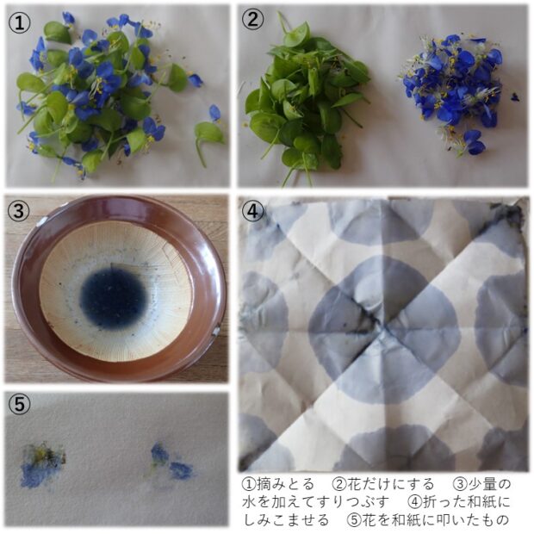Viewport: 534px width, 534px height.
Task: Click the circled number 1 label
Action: click(19, 22)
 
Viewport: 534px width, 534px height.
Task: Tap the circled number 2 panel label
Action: click(252, 20)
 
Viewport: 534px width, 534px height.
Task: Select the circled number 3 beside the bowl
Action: click(18, 211)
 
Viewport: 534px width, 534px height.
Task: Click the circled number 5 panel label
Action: click(19, 404)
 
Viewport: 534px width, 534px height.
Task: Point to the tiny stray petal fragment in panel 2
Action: click(515, 97)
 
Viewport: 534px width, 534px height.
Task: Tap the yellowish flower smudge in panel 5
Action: click(42, 464)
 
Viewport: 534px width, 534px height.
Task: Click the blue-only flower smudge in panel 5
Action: click(172, 461)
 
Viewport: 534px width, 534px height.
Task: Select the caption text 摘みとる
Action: click(285, 484)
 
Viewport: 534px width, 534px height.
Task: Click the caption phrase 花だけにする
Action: click(390, 484)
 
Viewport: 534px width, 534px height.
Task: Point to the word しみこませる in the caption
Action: click(286, 520)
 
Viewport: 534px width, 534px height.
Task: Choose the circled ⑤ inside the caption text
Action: click(354, 520)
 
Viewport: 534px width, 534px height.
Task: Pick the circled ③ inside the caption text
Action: click(460, 484)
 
